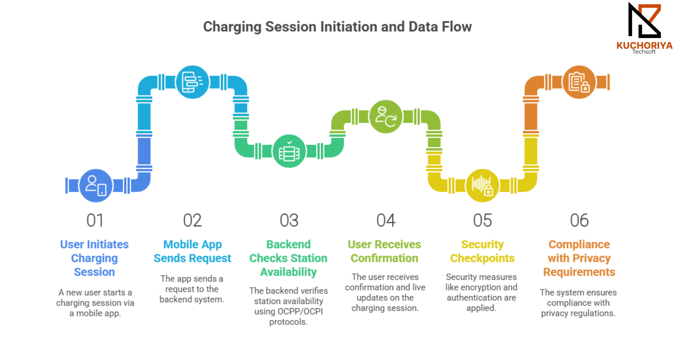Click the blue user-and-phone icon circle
96,185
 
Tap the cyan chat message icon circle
193,82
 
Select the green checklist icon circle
289,151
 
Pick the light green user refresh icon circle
386,116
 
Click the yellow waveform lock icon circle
482,185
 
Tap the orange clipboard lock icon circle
579,82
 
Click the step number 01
95,220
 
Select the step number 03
289,220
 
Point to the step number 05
482,220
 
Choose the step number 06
579,220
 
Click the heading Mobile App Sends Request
192,251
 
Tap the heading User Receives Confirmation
384,251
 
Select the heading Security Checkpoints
482,251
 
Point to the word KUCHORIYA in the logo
644,45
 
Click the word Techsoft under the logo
644,52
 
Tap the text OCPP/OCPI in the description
300,311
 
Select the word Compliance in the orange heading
579,244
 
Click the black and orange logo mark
644,20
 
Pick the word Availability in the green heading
288,272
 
